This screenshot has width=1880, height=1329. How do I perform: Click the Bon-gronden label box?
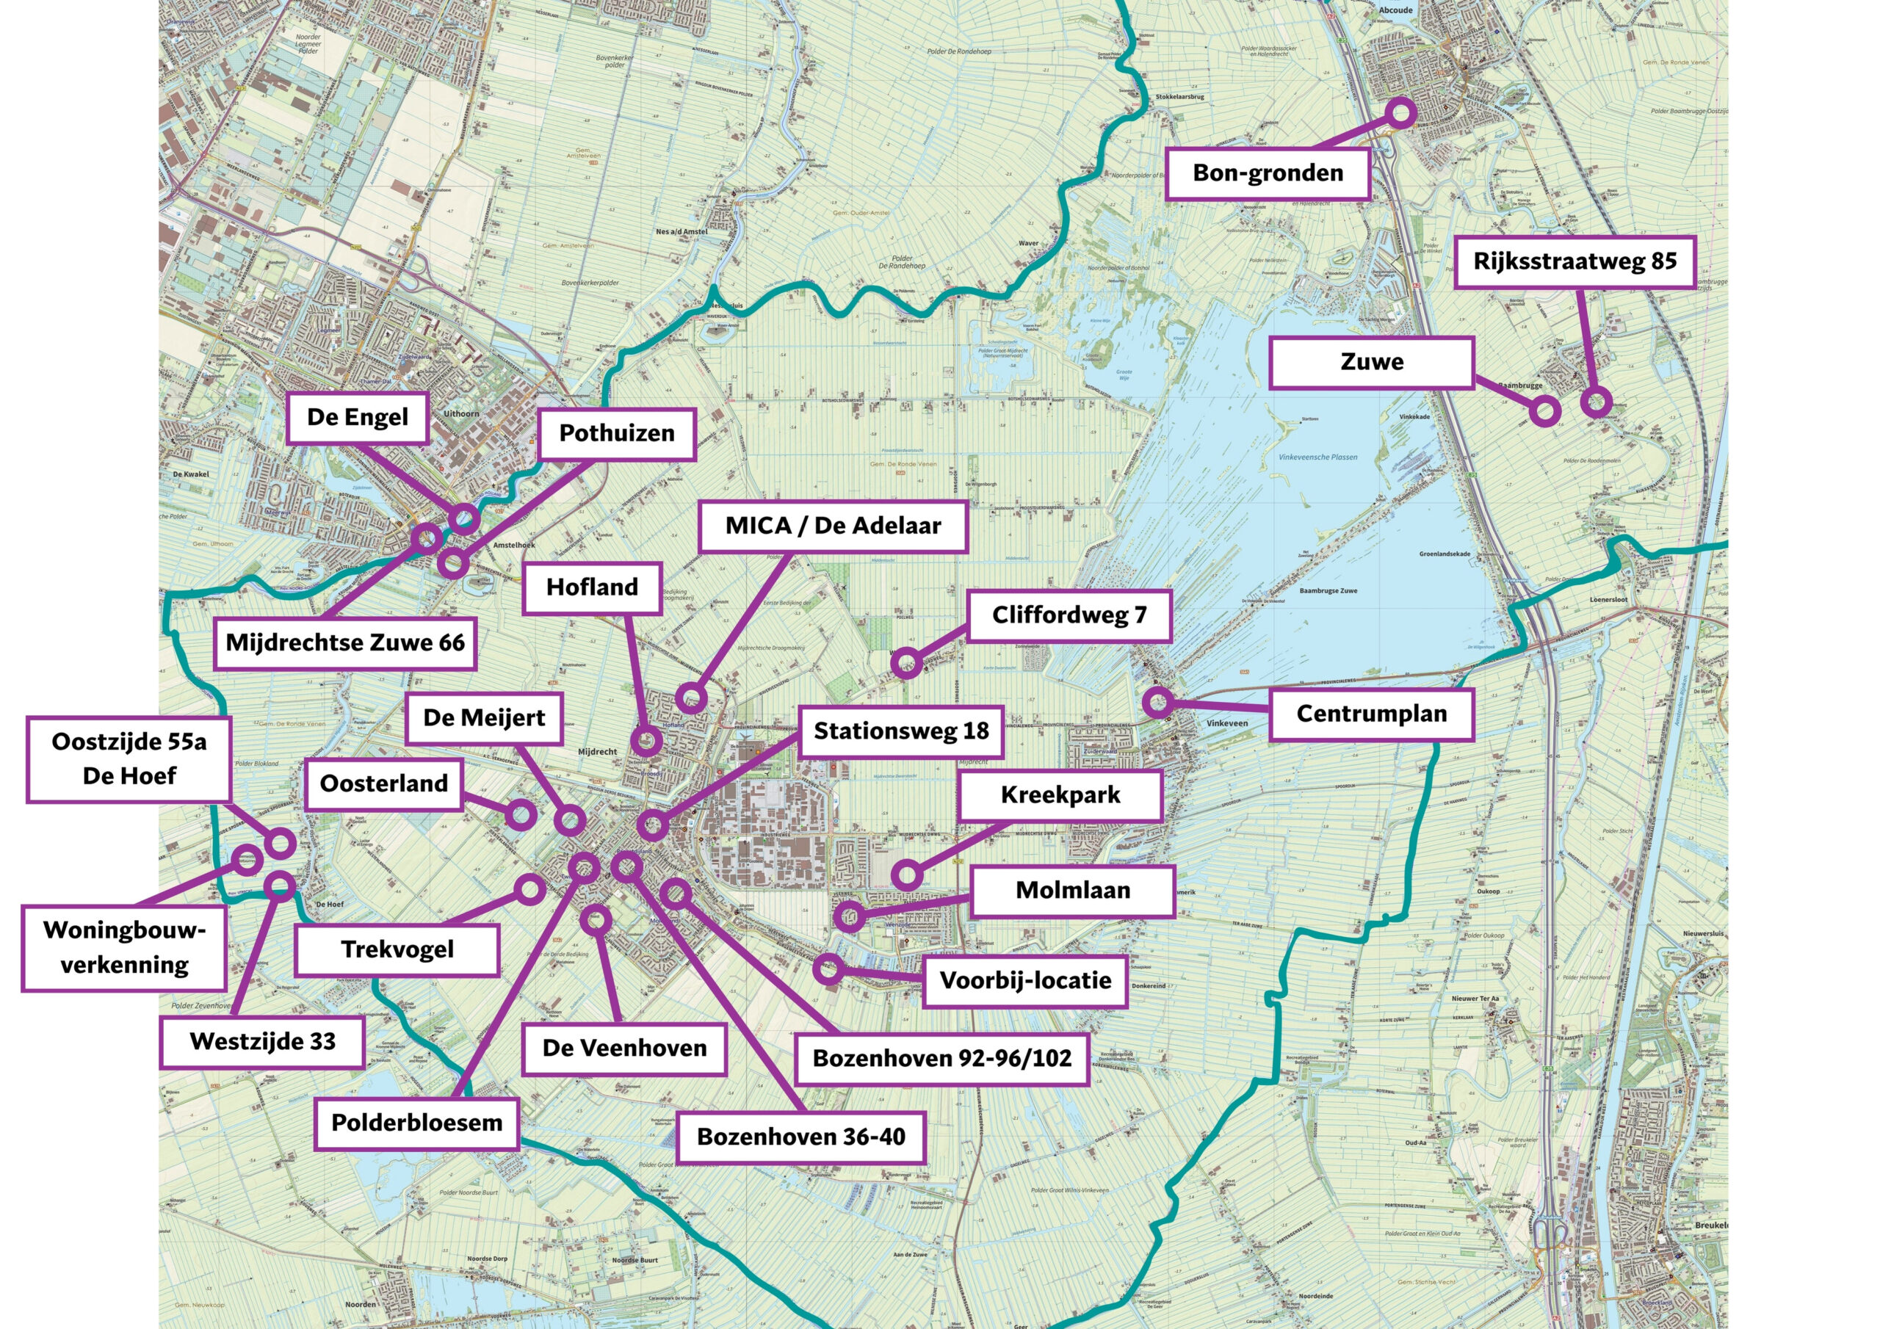(x=1267, y=173)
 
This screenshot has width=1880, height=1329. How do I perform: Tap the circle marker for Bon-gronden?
(x=1401, y=112)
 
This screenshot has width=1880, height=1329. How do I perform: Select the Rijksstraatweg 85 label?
(x=1574, y=262)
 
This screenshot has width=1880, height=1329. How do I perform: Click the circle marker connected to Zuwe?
(x=1544, y=410)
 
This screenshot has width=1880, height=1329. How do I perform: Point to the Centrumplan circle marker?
(x=1157, y=702)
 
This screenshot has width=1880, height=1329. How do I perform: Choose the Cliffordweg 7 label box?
(x=1069, y=615)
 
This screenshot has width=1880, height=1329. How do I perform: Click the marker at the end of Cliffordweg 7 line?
(x=905, y=662)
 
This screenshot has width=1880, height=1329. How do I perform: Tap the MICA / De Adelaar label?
(x=833, y=526)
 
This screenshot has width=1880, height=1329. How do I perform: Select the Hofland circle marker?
(x=646, y=742)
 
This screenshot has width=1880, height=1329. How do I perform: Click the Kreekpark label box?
(x=1060, y=795)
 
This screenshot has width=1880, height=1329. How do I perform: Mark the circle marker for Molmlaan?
(x=849, y=916)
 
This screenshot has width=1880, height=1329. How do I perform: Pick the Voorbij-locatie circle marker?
(x=828, y=969)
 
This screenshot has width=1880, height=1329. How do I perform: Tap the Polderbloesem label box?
(x=417, y=1123)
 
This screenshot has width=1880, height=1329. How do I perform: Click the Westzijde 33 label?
(x=262, y=1042)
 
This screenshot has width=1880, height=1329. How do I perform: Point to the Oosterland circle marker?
(x=521, y=815)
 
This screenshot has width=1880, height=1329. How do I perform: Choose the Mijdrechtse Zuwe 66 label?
(x=344, y=642)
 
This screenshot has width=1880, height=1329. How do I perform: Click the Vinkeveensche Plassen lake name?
(x=1317, y=457)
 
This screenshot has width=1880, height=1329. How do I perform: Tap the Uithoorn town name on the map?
(x=461, y=413)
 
